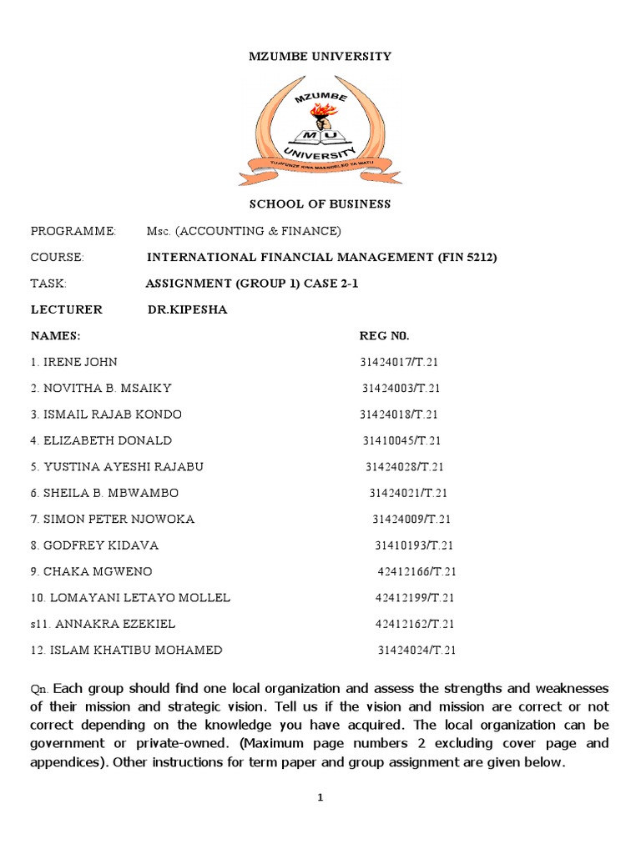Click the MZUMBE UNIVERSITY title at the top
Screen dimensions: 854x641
tap(320, 57)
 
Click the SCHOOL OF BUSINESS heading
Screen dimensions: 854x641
tap(320, 204)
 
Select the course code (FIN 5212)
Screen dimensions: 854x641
tap(467, 257)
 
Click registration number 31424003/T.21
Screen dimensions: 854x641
tap(401, 389)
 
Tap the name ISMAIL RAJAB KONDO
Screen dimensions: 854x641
tap(113, 414)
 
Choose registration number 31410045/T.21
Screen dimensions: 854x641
tap(401, 440)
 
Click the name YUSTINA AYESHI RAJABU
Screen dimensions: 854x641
tap(124, 466)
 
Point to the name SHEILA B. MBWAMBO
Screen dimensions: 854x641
tap(111, 493)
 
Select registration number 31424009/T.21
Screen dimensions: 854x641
tap(411, 519)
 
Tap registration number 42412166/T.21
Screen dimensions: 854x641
tap(417, 571)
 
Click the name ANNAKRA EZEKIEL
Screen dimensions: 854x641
tap(113, 624)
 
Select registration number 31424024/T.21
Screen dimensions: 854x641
tap(417, 651)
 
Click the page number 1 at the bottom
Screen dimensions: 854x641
tap(320, 798)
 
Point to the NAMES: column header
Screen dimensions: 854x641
tap(56, 336)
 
